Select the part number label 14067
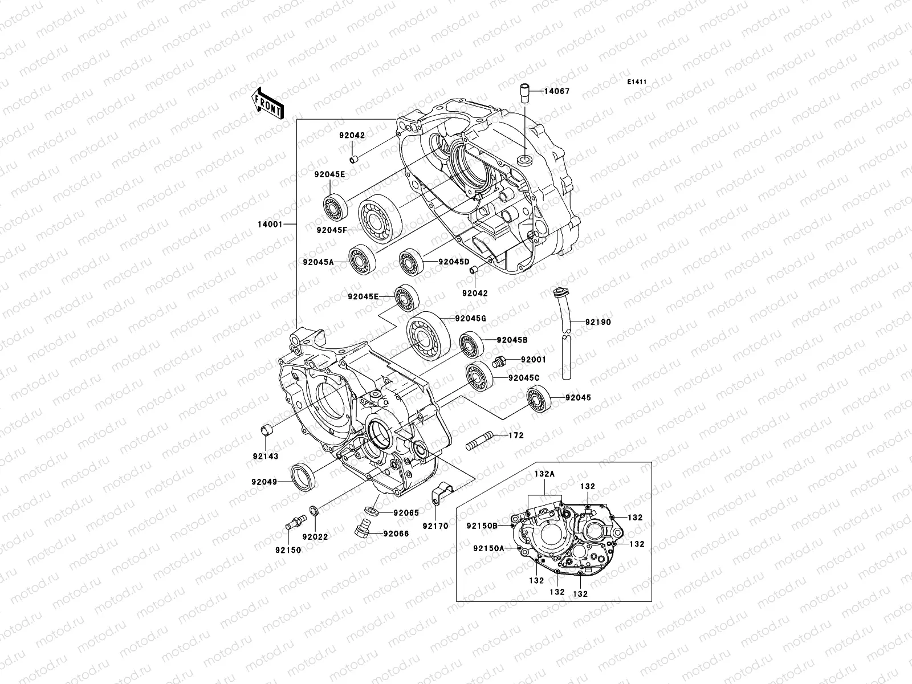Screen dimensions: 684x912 coord(556,91)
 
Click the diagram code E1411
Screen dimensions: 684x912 coord(637,82)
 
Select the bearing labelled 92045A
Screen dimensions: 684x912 coord(361,259)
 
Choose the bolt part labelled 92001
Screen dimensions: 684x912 coord(499,363)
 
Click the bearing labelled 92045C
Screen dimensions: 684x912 coord(479,376)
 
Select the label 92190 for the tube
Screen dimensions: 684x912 coord(597,322)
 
